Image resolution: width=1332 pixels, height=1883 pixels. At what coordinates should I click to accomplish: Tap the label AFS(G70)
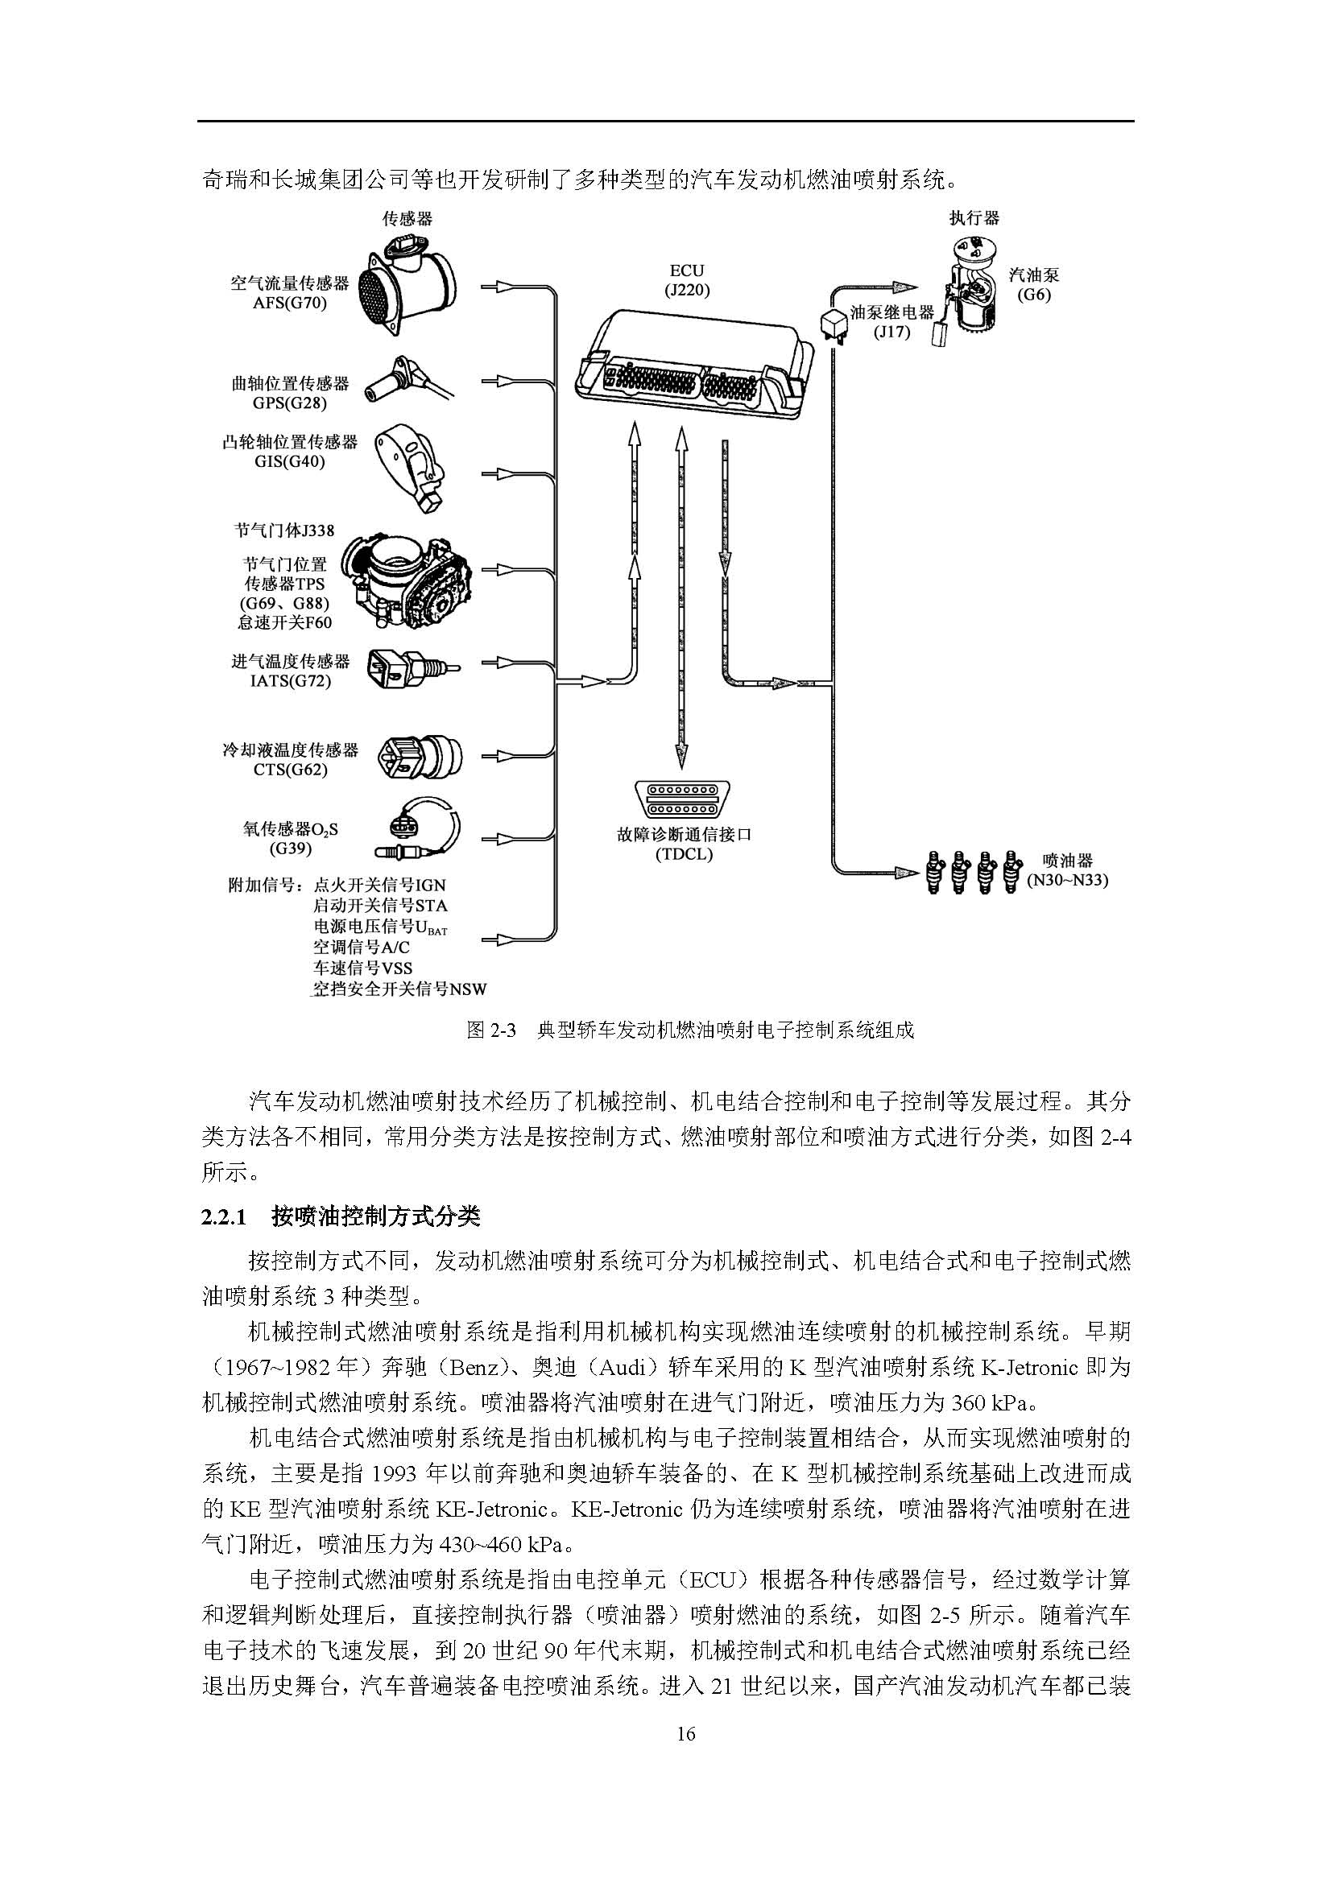coord(290,303)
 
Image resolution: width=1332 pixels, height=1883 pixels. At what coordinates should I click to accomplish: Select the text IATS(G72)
coord(291,681)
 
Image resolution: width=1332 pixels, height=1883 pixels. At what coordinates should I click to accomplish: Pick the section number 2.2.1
coord(224,1217)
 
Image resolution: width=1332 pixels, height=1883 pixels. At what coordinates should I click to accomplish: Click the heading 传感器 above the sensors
coord(407,218)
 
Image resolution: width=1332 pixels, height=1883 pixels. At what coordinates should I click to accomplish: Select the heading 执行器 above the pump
coord(974,217)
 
